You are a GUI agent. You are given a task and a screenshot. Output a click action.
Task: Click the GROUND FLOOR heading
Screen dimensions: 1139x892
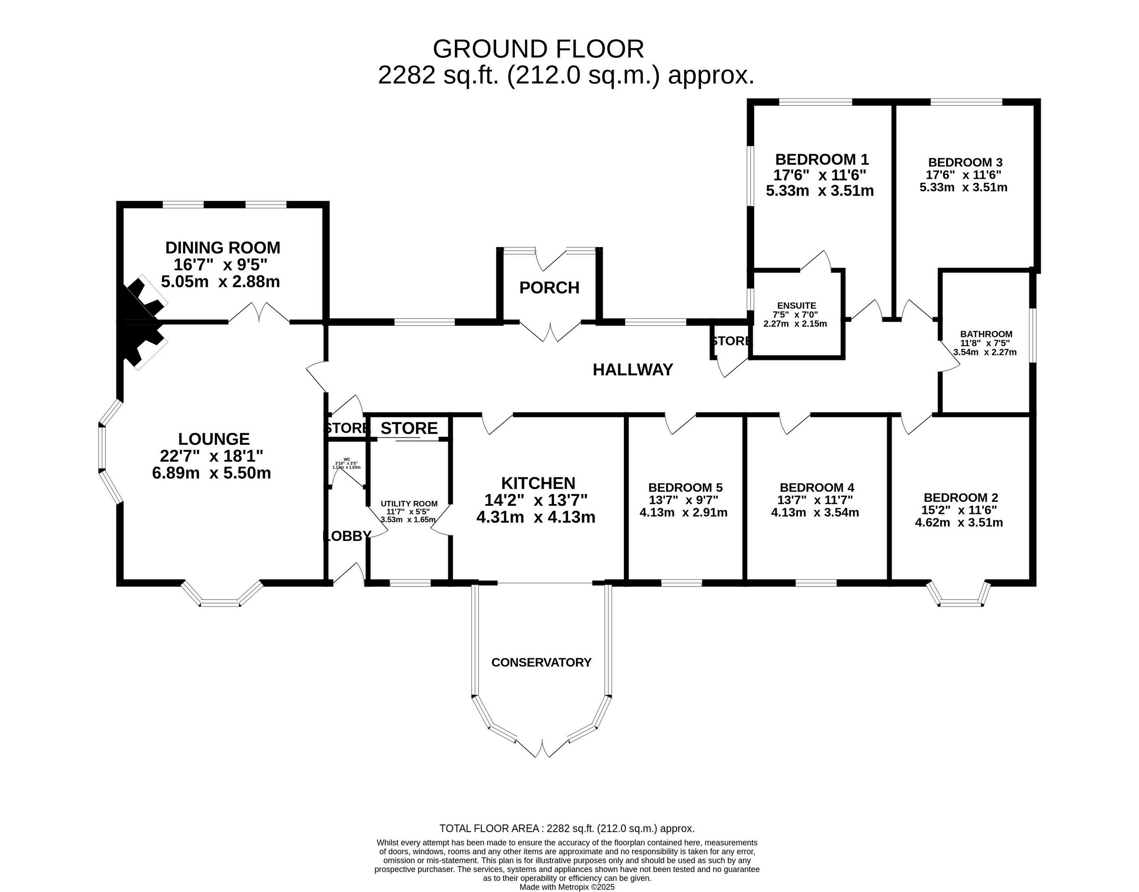pos(538,49)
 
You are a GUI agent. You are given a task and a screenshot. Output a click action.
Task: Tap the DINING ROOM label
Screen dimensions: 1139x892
pos(222,247)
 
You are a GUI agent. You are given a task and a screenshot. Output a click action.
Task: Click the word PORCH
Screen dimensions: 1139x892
pos(549,288)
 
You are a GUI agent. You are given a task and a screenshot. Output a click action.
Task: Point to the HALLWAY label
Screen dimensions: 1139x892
pos(633,370)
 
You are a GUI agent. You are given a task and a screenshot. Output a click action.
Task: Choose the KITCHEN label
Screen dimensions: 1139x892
pos(538,483)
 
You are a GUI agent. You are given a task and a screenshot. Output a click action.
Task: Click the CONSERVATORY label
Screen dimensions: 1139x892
pos(541,662)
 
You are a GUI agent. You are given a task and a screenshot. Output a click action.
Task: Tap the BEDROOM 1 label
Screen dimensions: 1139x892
pos(821,159)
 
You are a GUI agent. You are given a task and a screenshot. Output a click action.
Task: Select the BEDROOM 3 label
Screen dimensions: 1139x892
pos(965,162)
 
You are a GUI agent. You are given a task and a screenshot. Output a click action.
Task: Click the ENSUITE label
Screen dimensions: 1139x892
pos(796,305)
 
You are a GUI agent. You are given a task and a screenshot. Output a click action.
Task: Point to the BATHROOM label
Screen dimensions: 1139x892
pos(986,334)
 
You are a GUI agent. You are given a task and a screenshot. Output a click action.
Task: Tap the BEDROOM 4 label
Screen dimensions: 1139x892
pos(817,488)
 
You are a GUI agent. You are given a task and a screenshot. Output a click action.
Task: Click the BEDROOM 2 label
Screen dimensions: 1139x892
pos(960,498)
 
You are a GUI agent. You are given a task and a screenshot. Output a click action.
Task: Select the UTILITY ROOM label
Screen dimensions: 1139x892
pos(409,504)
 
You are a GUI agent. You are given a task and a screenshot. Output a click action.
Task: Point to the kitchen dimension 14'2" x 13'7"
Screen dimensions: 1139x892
pos(536,500)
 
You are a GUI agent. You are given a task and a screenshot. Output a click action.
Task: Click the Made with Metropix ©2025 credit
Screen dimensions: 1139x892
pos(567,887)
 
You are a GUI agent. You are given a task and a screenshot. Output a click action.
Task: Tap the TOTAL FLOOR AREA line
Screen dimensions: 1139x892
pos(567,843)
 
